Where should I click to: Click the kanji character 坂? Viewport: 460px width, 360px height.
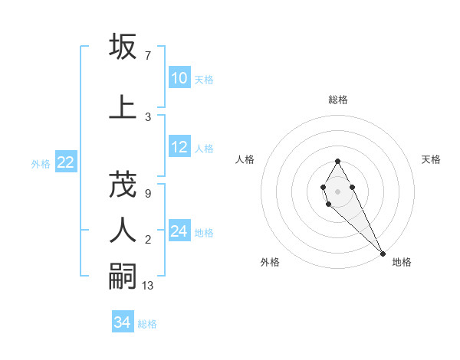123,47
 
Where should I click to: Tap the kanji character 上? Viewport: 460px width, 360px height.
123,106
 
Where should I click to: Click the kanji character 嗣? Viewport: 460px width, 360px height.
123,276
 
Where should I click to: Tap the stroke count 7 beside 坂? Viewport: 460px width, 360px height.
147,56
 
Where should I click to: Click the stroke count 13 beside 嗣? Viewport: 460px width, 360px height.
149,286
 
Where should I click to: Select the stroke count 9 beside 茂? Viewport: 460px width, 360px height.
147,194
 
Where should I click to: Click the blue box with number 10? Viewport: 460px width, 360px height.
179,77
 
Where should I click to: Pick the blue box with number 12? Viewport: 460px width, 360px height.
179,147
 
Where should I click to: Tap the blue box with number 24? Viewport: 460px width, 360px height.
179,231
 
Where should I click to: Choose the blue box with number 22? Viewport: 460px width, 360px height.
66,162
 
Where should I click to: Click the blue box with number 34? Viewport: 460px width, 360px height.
123,322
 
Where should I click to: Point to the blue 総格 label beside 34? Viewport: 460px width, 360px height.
147,324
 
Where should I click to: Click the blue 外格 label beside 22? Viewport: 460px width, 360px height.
41,163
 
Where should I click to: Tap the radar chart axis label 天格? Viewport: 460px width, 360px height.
431,159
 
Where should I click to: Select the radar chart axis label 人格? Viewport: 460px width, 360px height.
245,159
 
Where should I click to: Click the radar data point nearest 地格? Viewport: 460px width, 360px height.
383,254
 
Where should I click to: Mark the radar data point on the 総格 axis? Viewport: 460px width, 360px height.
337,161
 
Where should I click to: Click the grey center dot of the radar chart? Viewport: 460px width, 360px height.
337,191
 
